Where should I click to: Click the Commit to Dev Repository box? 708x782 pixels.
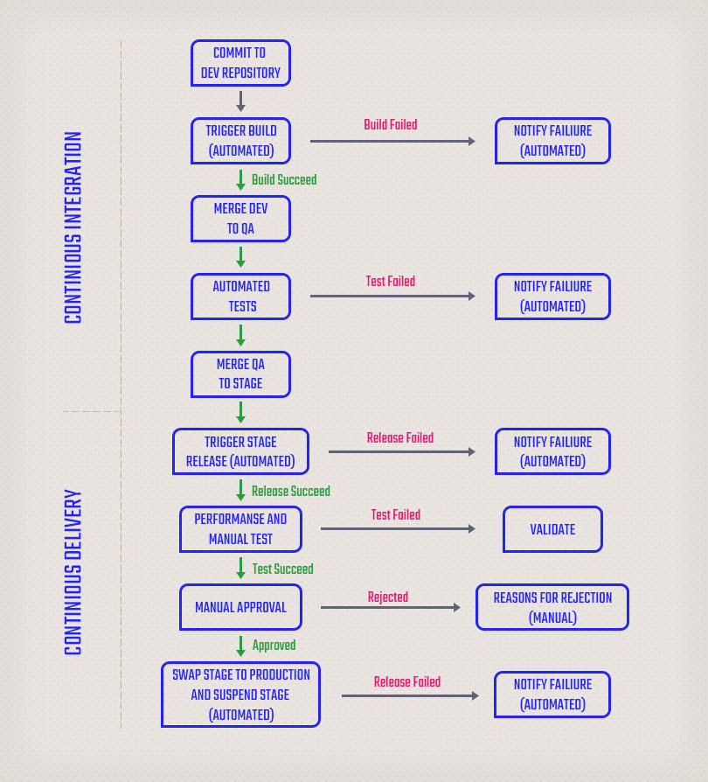click(x=240, y=63)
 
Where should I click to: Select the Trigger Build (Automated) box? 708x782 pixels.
click(x=240, y=141)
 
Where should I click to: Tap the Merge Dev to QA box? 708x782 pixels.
click(x=240, y=219)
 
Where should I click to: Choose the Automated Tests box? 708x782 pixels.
click(x=240, y=297)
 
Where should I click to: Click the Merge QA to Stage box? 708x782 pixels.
click(x=240, y=374)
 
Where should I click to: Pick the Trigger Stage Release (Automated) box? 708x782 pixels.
click(x=240, y=451)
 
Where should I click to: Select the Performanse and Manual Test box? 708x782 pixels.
click(x=240, y=529)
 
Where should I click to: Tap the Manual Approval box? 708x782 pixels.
click(x=240, y=607)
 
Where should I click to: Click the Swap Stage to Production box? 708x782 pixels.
click(x=240, y=695)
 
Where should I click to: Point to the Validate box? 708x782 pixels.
click(x=552, y=529)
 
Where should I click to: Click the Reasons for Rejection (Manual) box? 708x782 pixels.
click(x=552, y=607)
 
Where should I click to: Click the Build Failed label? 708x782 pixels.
click(x=391, y=125)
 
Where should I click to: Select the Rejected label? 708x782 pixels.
click(x=388, y=597)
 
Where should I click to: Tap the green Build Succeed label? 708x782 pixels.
click(x=284, y=180)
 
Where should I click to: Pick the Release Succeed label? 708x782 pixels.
click(x=291, y=492)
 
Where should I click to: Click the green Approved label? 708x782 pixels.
click(x=274, y=646)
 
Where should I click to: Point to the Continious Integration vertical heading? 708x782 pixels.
click(x=73, y=227)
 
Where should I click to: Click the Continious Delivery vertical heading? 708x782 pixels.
click(x=73, y=573)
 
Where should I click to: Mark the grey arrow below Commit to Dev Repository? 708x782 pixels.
click(x=240, y=101)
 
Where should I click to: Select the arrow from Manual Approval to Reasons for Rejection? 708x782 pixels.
click(x=390, y=607)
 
